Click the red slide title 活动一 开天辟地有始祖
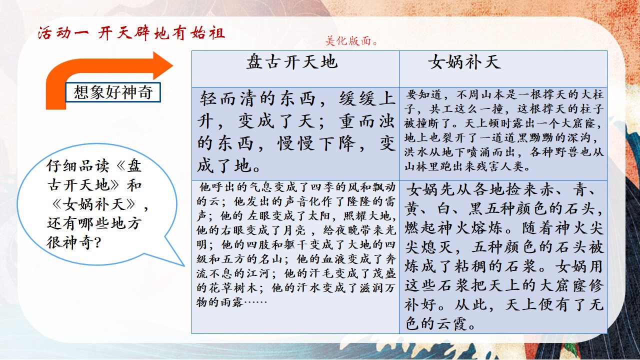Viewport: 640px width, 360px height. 131,33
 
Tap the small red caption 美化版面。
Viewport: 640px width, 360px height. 351,41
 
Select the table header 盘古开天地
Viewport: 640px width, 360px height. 292,61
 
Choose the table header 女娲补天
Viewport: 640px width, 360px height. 464,61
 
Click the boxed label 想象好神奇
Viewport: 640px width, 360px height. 113,92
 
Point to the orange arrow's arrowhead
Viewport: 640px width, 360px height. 163,65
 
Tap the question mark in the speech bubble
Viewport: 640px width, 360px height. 96,243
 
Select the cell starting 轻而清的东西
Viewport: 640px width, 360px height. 295,133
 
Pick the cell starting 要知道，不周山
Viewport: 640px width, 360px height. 503,133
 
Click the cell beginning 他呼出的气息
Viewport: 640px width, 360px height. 295,256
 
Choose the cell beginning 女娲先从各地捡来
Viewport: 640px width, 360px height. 503,256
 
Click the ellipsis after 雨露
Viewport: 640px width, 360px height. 255,301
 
